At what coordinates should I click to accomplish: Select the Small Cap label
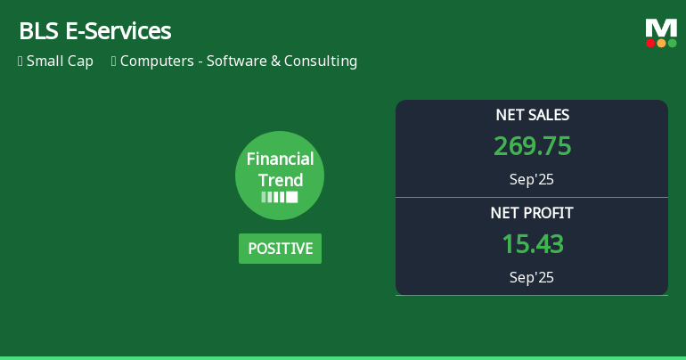tap(60, 61)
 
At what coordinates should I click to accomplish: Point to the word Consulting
tap(321, 61)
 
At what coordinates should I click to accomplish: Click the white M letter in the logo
tap(661, 28)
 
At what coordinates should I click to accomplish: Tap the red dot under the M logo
tap(650, 43)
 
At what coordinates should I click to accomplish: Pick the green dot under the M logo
tap(672, 43)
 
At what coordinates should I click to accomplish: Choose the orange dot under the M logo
tap(661, 43)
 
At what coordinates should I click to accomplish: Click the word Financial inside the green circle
tap(280, 160)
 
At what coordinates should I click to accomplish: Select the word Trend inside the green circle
tap(280, 180)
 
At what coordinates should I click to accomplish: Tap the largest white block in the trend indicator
tap(291, 197)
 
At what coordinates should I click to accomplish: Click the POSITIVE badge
tap(280, 249)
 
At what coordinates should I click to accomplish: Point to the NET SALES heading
tap(532, 115)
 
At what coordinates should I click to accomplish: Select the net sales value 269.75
tap(532, 146)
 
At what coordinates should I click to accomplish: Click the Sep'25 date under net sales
tap(532, 179)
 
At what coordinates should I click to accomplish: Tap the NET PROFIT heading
tap(532, 213)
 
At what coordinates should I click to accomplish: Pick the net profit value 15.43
tap(532, 244)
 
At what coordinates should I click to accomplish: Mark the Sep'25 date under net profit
tap(532, 277)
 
